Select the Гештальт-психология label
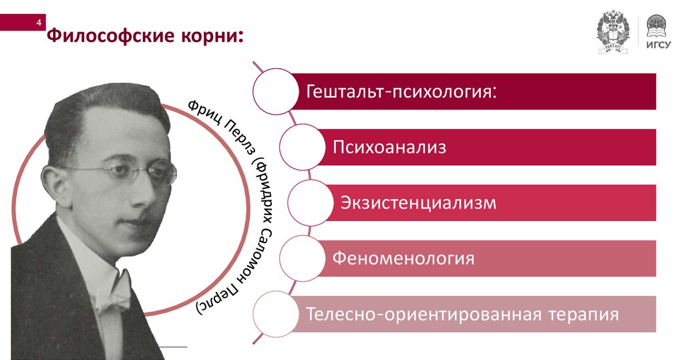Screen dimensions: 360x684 point(402,91)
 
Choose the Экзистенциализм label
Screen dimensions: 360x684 point(419,202)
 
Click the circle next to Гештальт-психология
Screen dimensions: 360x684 point(273,90)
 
